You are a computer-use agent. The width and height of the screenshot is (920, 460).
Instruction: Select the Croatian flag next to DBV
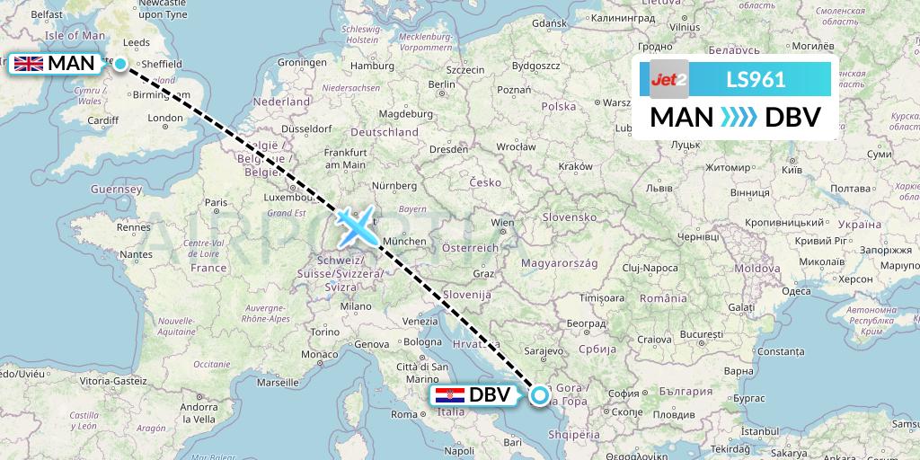coord(449,395)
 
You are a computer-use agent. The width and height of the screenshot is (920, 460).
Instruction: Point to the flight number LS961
coord(756,79)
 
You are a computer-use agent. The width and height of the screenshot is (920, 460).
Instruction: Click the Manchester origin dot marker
coord(119,64)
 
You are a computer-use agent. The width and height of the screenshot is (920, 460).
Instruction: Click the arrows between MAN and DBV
coord(739,117)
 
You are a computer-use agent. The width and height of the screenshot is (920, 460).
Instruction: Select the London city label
coord(165,118)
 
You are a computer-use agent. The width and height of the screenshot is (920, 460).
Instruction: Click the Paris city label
coord(215,203)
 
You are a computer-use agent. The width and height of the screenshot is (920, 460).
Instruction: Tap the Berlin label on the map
coord(439,84)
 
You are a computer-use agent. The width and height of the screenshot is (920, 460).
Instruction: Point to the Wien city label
coord(501,222)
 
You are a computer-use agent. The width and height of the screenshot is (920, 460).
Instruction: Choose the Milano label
coord(355,305)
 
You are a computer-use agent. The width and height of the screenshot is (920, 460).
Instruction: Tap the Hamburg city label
coord(367,66)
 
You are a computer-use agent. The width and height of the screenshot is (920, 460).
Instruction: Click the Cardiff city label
coord(104,120)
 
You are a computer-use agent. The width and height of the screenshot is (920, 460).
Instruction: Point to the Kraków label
coord(575,166)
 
